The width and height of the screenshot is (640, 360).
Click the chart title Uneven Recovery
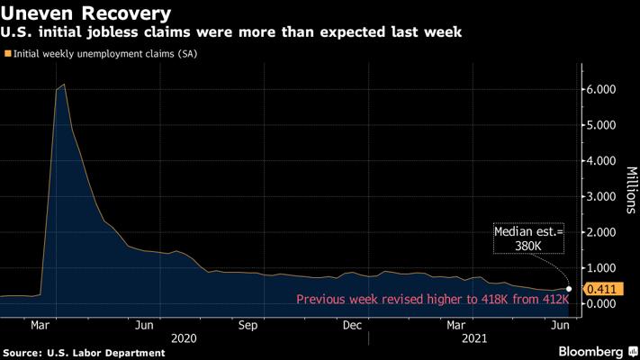pos(86,13)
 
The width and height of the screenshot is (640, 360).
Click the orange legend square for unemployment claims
pos(8,54)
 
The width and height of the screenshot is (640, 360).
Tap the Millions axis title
pos(629,189)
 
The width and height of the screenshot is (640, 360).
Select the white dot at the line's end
pos(568,289)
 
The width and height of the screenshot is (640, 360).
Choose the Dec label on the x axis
pos(352,324)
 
